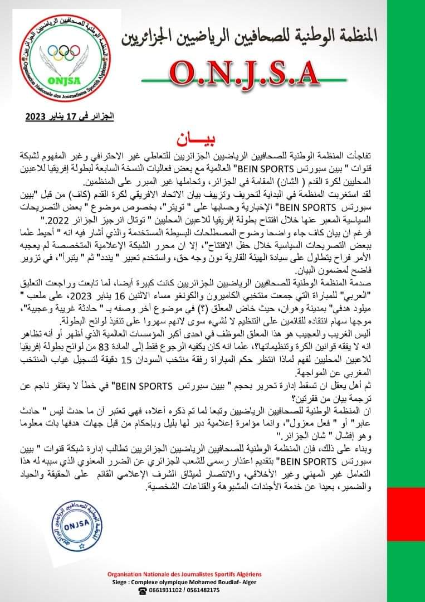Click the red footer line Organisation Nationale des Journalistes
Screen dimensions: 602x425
coord(184,574)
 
